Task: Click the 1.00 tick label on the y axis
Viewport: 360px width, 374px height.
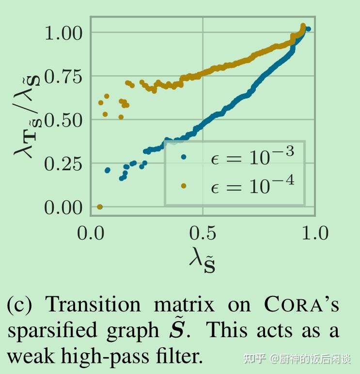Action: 64,33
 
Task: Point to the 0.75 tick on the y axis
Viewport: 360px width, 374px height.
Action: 64,77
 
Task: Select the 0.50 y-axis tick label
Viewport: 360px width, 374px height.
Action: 64,120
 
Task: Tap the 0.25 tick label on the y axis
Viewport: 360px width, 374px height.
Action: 64,164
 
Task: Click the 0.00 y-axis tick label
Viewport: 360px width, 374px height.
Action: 64,208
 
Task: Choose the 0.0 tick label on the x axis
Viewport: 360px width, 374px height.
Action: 90,233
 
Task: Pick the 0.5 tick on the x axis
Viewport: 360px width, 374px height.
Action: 203,233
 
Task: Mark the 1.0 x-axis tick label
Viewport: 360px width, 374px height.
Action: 315,233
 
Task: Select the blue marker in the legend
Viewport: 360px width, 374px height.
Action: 183,157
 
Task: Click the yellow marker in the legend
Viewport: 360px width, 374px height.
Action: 183,185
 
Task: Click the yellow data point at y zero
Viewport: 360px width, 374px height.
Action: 100,207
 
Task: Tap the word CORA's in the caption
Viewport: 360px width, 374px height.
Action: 301,305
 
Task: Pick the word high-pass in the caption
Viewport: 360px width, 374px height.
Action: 113,357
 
